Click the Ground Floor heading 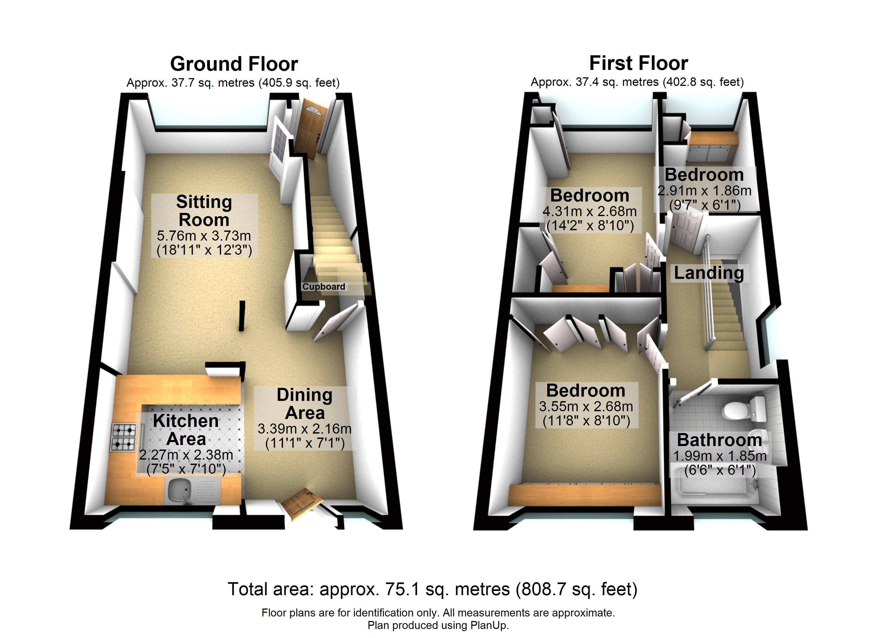(x=234, y=64)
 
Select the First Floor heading (x=638, y=63)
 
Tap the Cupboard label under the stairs (x=324, y=287)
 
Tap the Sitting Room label (x=204, y=211)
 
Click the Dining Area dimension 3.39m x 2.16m (x=305, y=429)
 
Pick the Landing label (x=709, y=273)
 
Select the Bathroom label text (x=719, y=440)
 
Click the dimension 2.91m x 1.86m (x=705, y=190)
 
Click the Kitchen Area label (x=186, y=430)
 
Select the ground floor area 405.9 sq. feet (x=299, y=83)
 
